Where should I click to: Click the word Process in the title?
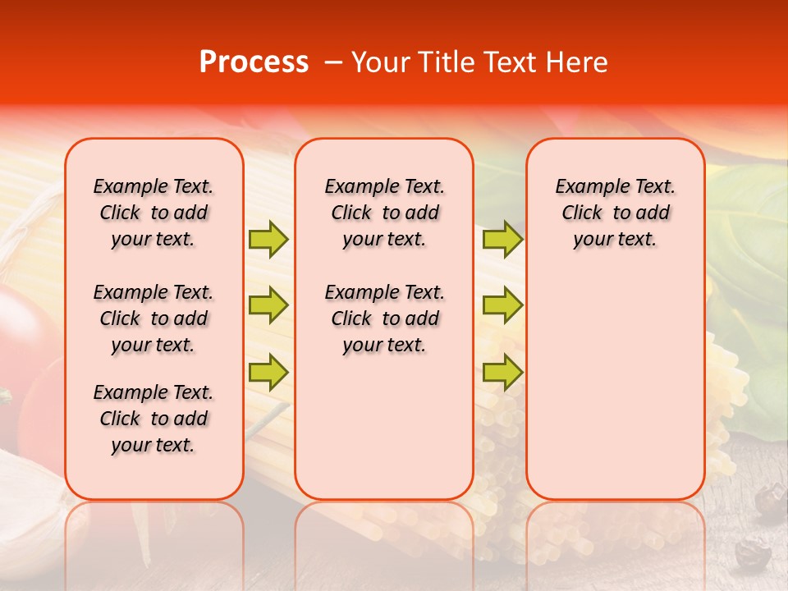pos(253,62)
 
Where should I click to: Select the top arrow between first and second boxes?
pos(268,239)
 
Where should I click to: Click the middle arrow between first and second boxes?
pos(268,305)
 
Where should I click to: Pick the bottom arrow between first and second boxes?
pos(268,373)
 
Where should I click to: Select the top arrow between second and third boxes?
pos(502,239)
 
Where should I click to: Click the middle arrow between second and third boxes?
pos(502,305)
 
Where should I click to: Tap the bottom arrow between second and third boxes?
pos(502,373)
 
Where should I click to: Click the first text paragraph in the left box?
pos(153,213)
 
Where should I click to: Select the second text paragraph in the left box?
pos(153,318)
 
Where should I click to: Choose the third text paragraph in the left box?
pos(153,419)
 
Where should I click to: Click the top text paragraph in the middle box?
pos(384,213)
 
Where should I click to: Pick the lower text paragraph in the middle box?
pos(384,318)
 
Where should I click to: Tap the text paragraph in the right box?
pos(616,213)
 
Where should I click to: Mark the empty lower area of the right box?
pos(616,386)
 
